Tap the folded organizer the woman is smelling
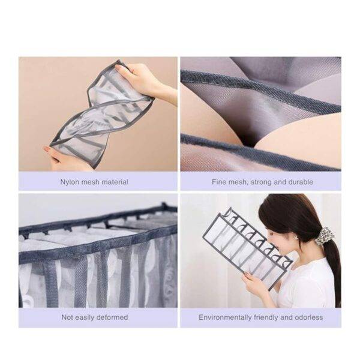247,247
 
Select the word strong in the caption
261,182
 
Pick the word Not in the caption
67,317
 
